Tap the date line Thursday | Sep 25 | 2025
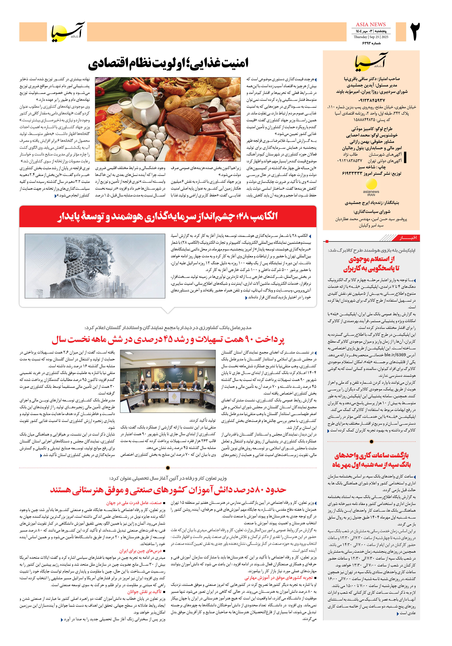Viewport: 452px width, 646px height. pos(371,37)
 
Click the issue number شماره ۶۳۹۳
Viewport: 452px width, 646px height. pos(371,43)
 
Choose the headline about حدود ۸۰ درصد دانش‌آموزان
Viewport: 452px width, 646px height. pos(168,490)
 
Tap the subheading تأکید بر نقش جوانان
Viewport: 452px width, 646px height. pos(144,592)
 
